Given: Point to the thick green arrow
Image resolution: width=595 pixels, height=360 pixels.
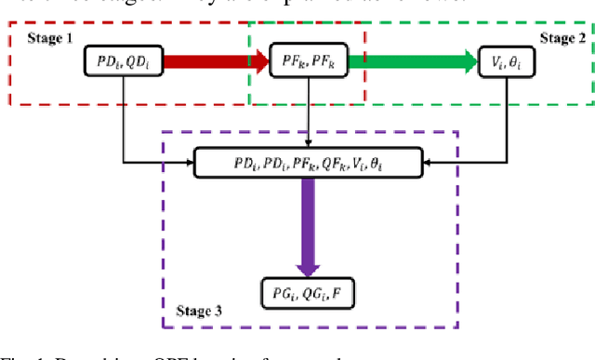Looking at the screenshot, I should pos(421,63).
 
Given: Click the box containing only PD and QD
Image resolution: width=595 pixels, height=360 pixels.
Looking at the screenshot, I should pos(122,62).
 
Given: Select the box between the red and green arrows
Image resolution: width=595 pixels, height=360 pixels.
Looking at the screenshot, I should pos(308,62).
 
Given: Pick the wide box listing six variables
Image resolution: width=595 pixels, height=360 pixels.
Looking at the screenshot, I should pos(308,164).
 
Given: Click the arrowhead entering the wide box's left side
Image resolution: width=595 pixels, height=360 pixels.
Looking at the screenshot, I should pos(189,164).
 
